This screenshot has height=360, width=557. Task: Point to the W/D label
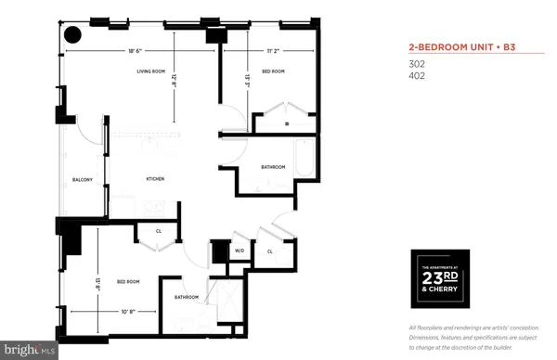pos(239,251)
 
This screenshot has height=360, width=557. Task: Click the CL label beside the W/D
pos(270,251)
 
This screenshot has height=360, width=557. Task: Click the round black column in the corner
pos(71,35)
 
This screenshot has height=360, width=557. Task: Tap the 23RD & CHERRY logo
pos(440,278)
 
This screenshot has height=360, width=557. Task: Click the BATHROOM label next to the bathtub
pos(273,167)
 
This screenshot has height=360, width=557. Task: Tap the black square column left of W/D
pos(219,251)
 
